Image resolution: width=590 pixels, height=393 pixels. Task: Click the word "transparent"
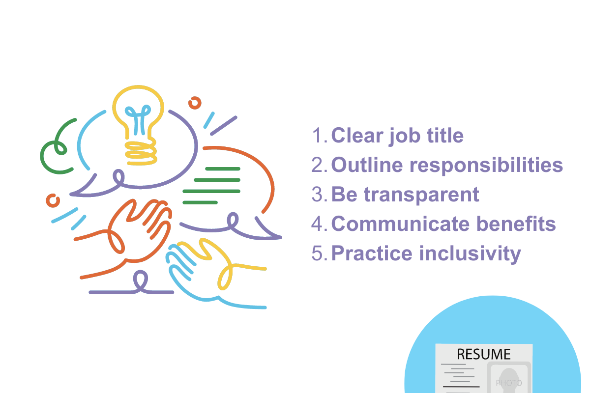tap(421, 195)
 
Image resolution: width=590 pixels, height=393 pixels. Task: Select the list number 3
tap(318, 195)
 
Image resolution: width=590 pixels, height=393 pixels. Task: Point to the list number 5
tap(318, 253)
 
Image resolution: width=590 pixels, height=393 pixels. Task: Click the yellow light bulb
tap(138, 113)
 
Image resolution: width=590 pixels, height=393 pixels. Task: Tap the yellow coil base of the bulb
tap(141, 152)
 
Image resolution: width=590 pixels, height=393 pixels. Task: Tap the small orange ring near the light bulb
tap(195, 103)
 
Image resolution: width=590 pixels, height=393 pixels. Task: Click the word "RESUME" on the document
tap(483, 354)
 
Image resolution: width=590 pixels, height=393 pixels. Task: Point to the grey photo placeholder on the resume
tap(508, 378)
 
